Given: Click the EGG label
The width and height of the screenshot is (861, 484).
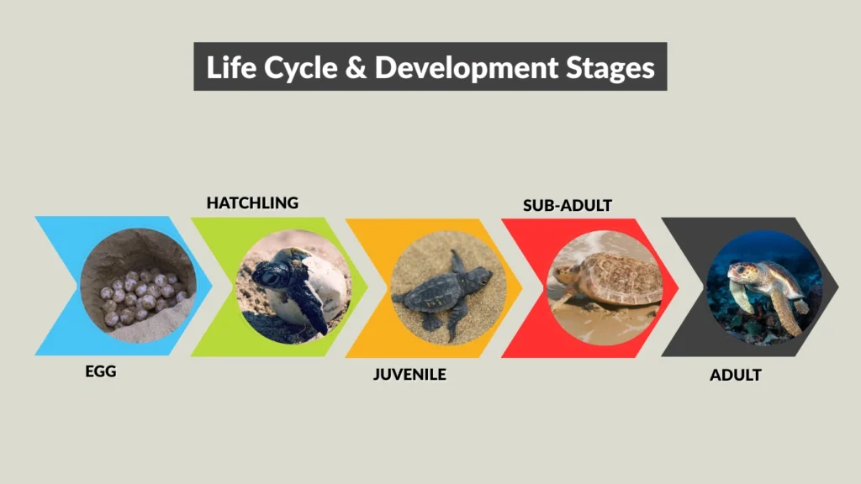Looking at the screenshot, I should point(101,371).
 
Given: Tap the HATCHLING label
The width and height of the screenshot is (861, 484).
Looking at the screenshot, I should point(252,203).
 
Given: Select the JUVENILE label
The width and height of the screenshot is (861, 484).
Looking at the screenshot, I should point(409,374).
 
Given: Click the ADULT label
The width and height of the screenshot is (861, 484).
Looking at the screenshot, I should point(735,375).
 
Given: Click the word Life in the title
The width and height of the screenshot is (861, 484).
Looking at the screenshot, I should point(226,67).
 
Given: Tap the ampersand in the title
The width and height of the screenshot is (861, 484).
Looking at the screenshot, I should point(357,67).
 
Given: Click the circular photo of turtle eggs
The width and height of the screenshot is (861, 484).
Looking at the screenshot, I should point(139,286).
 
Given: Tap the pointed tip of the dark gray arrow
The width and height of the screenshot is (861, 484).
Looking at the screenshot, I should point(837,286).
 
